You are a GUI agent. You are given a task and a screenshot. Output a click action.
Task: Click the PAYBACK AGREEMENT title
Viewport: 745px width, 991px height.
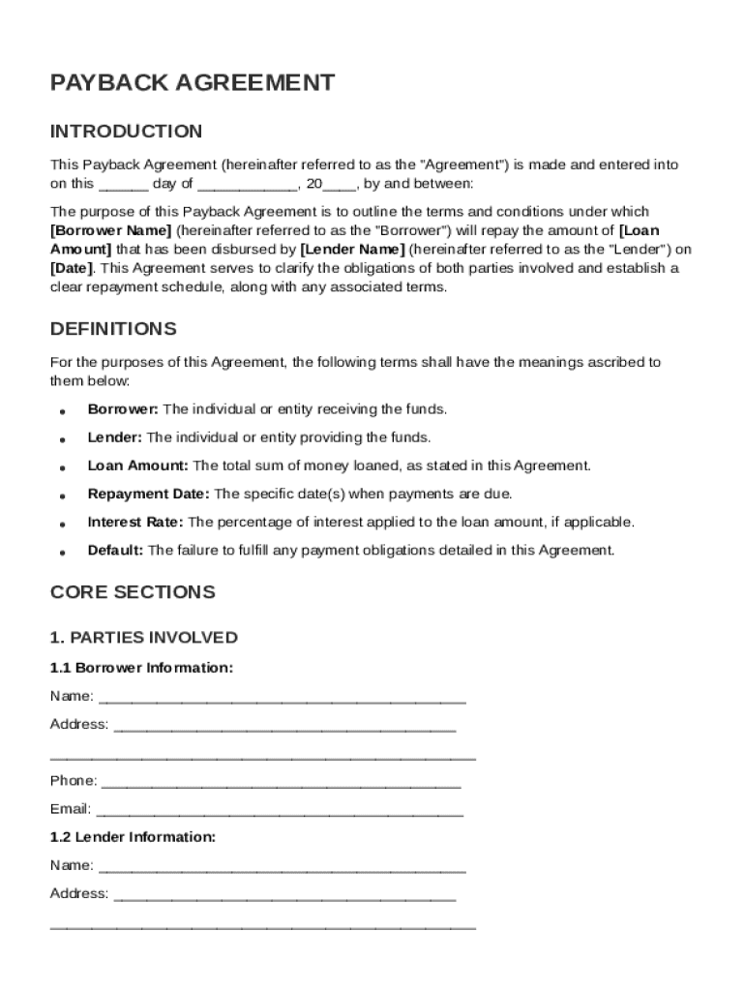(x=193, y=83)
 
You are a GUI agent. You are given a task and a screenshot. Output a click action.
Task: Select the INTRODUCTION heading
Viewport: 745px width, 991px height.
(x=126, y=132)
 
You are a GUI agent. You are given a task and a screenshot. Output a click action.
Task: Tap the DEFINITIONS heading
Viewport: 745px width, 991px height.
(x=113, y=329)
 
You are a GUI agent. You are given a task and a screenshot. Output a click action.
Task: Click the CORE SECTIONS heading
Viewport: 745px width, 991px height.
(x=133, y=591)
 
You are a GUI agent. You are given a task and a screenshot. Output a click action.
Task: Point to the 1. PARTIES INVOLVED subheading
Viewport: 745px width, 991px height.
(x=143, y=638)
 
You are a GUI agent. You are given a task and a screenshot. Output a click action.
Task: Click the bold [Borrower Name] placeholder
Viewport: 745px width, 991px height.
(x=111, y=230)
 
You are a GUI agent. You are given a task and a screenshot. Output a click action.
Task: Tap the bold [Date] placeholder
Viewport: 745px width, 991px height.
(x=72, y=268)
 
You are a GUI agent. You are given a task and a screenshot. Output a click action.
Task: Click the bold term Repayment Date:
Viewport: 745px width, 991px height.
(x=148, y=495)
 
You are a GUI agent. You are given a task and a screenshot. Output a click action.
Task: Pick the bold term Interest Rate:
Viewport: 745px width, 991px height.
(x=135, y=523)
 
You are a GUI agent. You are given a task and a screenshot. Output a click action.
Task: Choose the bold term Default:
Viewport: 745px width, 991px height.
(x=115, y=551)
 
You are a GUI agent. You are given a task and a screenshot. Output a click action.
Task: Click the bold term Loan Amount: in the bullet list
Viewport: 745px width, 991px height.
(x=138, y=466)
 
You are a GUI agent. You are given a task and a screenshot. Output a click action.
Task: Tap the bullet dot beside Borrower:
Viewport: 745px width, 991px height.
(x=62, y=411)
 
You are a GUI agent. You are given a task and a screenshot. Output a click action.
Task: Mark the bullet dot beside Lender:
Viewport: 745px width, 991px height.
(x=62, y=439)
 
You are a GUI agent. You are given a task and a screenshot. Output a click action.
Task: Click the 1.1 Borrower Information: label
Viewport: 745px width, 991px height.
(x=141, y=668)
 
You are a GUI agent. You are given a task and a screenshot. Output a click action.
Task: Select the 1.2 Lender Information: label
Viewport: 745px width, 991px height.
(x=133, y=837)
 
